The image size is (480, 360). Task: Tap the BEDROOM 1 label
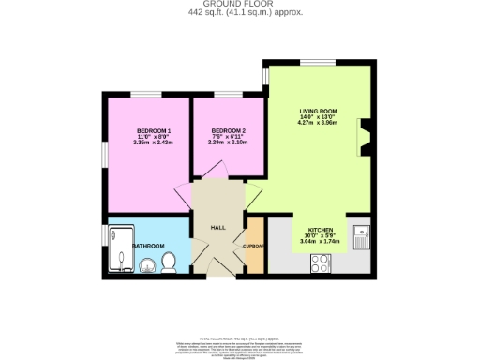pos(153,129)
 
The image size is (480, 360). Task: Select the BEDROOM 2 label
pos(228,129)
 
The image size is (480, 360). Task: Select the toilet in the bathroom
pos(169,262)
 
